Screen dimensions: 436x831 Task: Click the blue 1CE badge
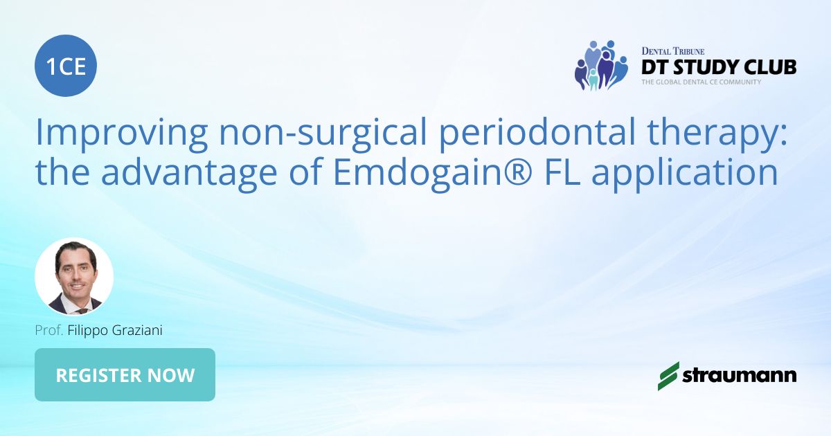[66, 66]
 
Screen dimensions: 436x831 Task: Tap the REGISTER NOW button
[125, 375]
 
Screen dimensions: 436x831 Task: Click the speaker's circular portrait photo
[74, 277]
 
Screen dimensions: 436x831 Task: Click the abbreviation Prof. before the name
[49, 331]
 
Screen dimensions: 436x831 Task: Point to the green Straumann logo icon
[668, 375]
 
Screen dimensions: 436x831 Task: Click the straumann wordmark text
[740, 376]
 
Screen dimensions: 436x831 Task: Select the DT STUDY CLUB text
[718, 66]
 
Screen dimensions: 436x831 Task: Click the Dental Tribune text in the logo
[672, 51]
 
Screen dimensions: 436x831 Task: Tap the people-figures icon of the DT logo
[600, 65]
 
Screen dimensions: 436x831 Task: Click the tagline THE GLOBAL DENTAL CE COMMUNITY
[701, 82]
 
